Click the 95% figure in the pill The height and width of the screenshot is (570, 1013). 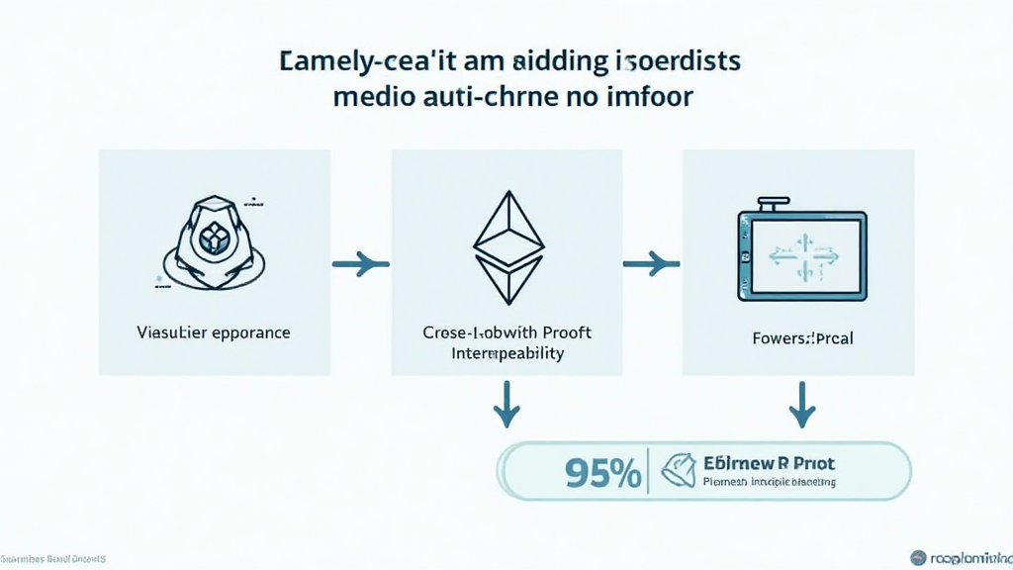[x=602, y=472]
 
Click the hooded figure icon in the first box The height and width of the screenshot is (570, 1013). [x=213, y=242]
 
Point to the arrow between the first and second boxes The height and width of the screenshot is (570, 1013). [x=360, y=264]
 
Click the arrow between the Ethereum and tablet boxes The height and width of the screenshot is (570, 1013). [x=651, y=264]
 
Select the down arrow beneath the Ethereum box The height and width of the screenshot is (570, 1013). [x=507, y=406]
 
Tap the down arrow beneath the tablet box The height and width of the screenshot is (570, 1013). [x=801, y=406]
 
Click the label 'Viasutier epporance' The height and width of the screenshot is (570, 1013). [x=214, y=332]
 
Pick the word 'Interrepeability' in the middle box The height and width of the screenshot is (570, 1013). [x=506, y=353]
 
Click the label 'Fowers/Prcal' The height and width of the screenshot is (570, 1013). [x=802, y=338]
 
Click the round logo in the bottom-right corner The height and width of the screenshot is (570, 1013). [x=918, y=558]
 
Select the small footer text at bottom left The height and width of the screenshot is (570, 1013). [x=53, y=559]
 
